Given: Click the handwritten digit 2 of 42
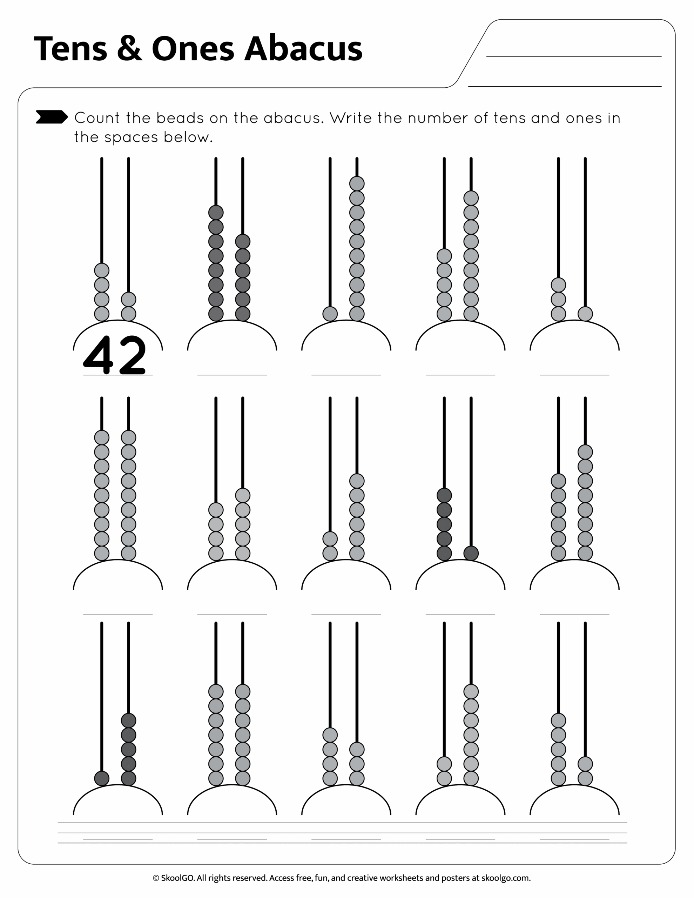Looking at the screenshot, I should point(132,354).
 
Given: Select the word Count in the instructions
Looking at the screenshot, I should point(97,118).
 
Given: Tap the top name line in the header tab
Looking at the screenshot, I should point(573,56).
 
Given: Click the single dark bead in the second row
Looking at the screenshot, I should point(471,553).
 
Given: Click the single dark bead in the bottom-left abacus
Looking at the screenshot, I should point(102,778).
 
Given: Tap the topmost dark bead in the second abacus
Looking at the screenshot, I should point(216,213).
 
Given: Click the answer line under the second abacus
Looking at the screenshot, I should point(232,375).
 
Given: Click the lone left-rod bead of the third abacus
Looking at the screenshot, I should point(330,314).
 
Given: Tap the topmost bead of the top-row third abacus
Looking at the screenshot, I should point(356,183).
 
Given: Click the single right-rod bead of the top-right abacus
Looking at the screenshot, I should point(585,314).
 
